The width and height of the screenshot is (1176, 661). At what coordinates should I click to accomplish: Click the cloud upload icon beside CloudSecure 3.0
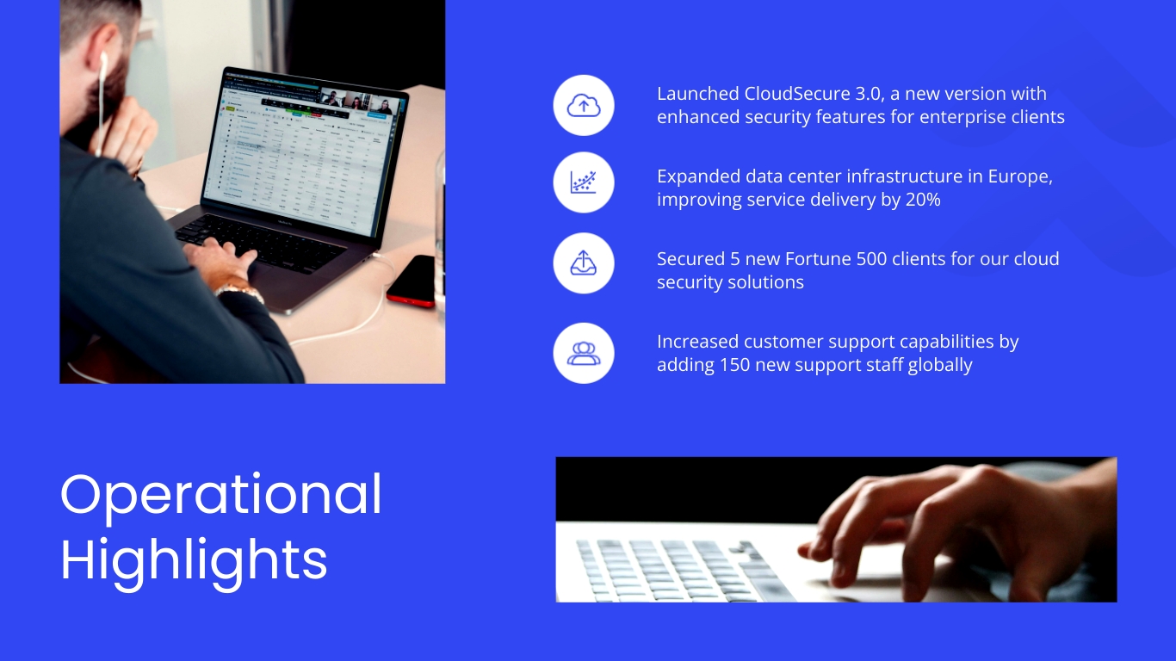[x=584, y=106]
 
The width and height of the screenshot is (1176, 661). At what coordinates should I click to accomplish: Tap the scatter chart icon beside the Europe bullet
[x=584, y=182]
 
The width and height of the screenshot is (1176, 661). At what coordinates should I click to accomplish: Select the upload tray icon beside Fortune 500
[x=584, y=264]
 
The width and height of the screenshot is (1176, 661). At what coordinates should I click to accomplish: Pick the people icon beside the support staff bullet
[x=584, y=353]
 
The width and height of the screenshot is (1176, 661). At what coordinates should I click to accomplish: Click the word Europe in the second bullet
[x=1018, y=176]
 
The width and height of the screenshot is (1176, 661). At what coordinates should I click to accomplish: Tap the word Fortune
[x=817, y=259]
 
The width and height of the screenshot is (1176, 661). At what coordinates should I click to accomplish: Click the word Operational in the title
[x=221, y=495]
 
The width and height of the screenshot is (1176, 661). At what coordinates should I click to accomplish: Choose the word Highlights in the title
[x=194, y=559]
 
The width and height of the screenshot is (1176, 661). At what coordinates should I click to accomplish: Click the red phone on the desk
[x=412, y=281]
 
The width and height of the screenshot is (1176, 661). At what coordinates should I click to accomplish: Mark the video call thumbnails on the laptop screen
[x=356, y=101]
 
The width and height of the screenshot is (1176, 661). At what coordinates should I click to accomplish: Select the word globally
[x=939, y=365]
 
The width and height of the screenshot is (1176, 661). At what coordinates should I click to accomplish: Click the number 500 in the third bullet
[x=871, y=259]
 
